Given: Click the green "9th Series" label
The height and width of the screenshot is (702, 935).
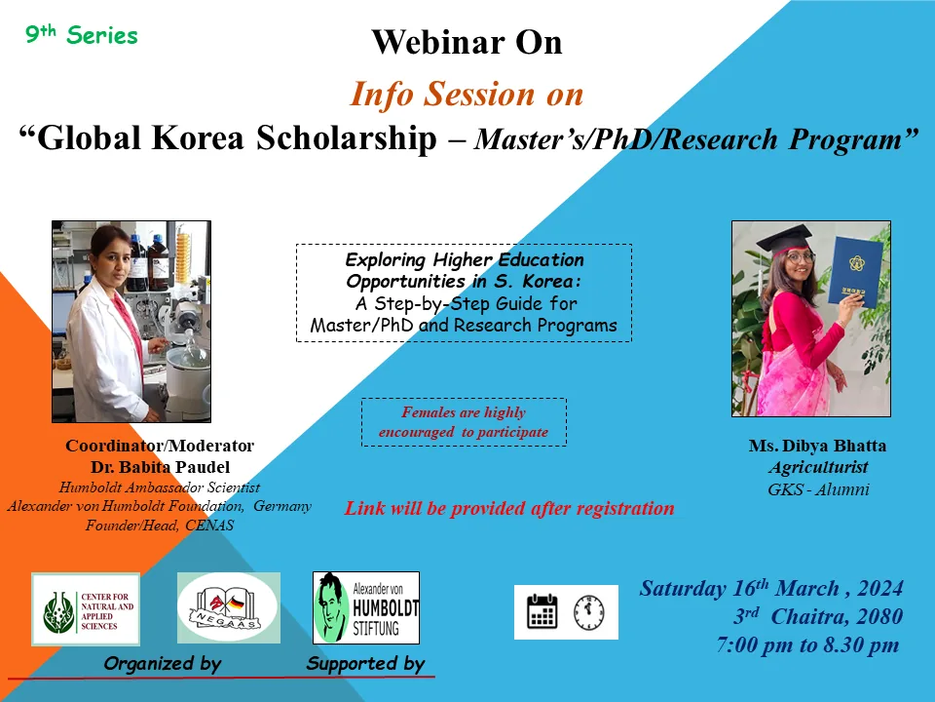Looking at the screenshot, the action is [82, 35].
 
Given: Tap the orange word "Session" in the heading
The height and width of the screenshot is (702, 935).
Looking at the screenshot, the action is [479, 95].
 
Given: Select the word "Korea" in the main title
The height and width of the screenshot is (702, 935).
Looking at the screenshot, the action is [198, 137].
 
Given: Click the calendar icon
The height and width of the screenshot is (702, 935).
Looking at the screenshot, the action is [542, 611].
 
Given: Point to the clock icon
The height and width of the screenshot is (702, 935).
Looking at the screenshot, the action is [588, 612].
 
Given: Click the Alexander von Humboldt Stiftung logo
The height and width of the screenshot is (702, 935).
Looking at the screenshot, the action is [366, 607].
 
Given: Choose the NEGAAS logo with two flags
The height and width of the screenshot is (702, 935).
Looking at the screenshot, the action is [228, 607].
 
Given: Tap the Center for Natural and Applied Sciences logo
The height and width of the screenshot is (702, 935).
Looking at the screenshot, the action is [86, 609].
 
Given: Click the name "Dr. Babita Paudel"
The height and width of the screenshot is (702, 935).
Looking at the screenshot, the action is [160, 467].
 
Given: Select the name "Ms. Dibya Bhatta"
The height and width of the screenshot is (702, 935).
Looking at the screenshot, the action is [817, 446].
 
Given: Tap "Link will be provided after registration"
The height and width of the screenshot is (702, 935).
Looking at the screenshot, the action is [509, 508].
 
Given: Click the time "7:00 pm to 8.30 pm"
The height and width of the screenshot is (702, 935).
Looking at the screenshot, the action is [808, 644].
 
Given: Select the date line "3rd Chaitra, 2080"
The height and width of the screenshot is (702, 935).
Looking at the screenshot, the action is [817, 616].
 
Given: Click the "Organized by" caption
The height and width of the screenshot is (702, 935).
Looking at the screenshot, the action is [163, 664].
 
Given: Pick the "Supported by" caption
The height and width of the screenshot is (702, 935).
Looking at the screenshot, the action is [365, 664].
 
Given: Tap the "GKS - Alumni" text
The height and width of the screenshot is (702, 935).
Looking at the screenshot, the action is [818, 489].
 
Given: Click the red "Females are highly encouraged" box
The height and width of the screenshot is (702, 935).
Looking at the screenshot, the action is [464, 422].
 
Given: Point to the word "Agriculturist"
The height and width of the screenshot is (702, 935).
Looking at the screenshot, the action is [818, 467].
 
